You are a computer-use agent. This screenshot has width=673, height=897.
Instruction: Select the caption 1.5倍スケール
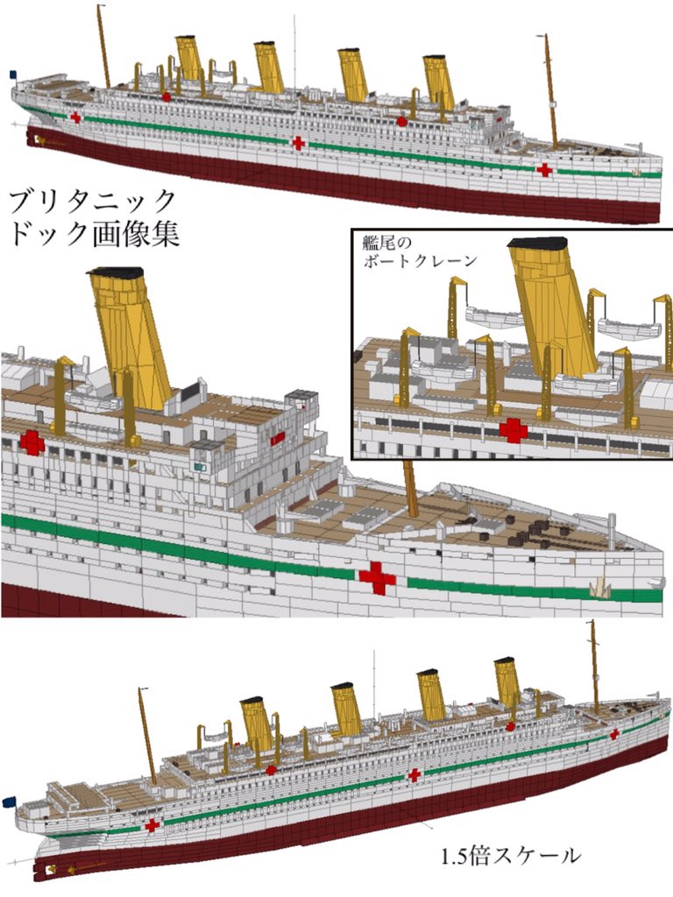(511, 855)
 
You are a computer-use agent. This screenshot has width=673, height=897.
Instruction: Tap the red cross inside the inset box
(513, 429)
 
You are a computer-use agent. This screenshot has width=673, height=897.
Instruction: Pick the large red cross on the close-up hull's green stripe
(377, 578)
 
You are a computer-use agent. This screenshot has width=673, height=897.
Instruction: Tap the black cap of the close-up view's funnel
(116, 272)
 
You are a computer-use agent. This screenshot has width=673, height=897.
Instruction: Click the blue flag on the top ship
(13, 75)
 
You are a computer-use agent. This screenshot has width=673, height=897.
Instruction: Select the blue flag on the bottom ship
(9, 801)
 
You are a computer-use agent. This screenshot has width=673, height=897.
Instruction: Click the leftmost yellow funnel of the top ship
(189, 58)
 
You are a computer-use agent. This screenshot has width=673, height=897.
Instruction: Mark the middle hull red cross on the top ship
(298, 142)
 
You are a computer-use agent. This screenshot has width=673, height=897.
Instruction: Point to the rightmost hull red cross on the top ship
(544, 169)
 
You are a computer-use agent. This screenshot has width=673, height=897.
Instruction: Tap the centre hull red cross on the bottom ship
(414, 774)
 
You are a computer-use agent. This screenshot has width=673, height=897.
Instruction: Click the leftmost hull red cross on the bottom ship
(152, 824)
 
